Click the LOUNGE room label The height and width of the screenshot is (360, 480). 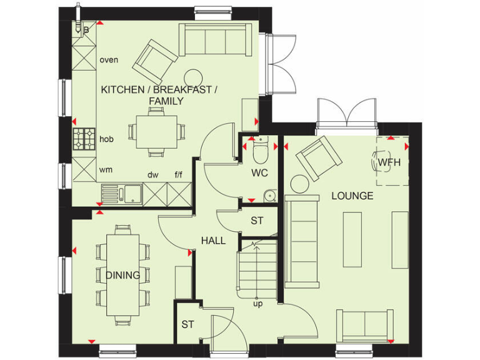(352, 196)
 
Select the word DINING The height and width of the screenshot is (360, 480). (122, 275)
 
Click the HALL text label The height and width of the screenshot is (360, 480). (213, 240)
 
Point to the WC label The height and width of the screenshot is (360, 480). (260, 172)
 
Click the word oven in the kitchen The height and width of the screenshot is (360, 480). (109, 60)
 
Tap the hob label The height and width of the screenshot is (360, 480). (106, 139)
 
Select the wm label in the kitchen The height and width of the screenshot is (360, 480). (106, 169)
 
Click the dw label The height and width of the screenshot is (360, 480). (152, 175)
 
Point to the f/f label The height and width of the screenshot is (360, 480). (179, 175)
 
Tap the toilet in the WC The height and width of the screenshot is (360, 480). (261, 151)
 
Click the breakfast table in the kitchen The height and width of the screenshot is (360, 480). (156, 131)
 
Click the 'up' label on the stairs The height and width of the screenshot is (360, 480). (257, 304)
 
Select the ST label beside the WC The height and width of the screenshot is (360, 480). (257, 221)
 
